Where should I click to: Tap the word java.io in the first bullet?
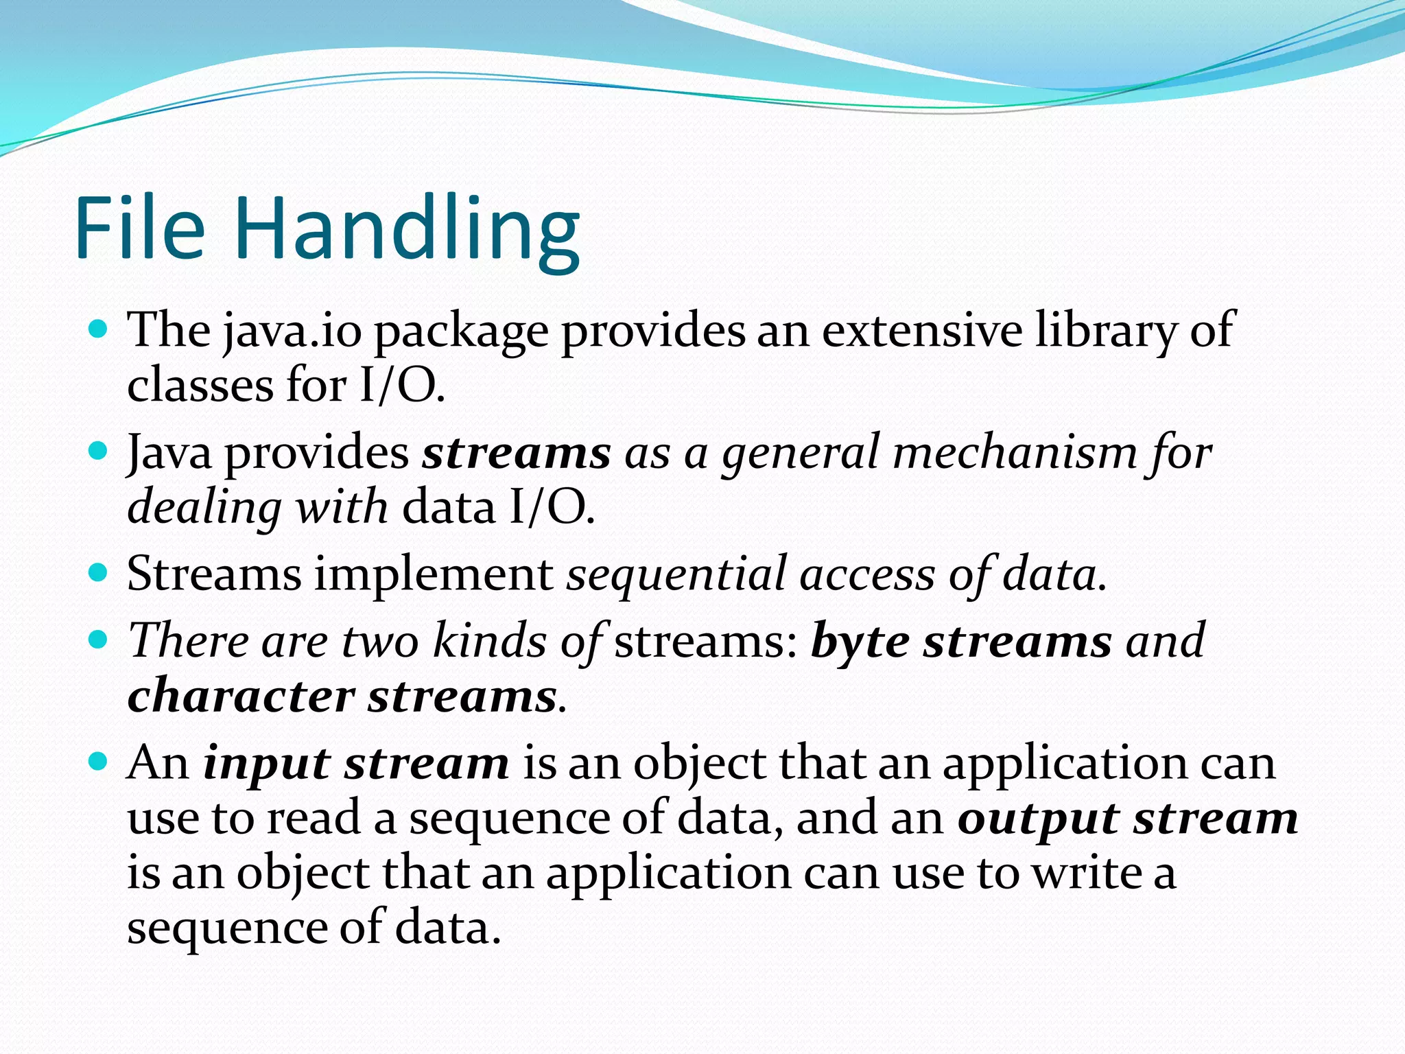[x=292, y=332]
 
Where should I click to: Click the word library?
[x=1105, y=332]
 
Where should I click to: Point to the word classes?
[x=200, y=385]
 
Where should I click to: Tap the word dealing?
[x=204, y=508]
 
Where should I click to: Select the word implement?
[x=434, y=575]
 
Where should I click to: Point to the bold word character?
[x=241, y=696]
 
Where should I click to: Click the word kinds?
[x=490, y=642]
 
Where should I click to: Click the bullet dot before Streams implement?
[x=99, y=572]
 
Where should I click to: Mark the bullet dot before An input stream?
[x=99, y=762]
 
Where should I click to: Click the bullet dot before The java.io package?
[x=99, y=329]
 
